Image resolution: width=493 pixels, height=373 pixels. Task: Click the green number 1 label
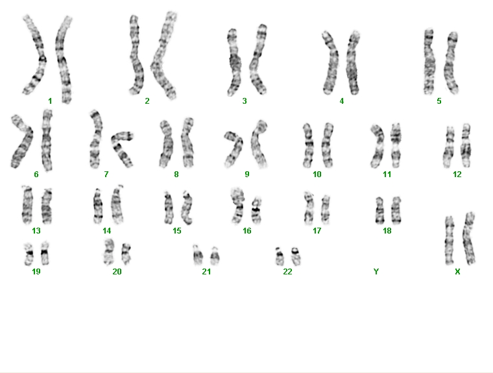50,101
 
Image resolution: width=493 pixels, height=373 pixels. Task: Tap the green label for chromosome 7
106,174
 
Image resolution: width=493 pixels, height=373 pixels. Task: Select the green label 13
36,231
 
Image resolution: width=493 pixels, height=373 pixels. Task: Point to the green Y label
376,271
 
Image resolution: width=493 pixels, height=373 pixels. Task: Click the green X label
457,271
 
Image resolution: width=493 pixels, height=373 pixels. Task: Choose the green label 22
287,271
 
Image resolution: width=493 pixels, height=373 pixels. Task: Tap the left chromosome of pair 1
35,55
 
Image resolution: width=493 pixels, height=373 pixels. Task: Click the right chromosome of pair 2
163,56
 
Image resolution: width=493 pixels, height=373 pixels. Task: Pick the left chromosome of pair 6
22,143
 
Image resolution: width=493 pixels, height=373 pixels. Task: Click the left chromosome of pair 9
234,149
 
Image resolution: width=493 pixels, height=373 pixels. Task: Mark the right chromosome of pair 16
257,210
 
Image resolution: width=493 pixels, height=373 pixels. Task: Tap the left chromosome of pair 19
29,254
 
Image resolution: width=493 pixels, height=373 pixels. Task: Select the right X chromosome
469,238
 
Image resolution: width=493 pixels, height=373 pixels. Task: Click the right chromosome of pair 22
296,256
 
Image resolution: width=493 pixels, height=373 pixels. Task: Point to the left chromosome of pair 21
198,255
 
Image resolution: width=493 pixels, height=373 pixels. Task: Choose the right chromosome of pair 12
466,145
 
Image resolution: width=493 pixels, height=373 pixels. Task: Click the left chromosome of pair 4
331,63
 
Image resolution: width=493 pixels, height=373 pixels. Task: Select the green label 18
387,231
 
